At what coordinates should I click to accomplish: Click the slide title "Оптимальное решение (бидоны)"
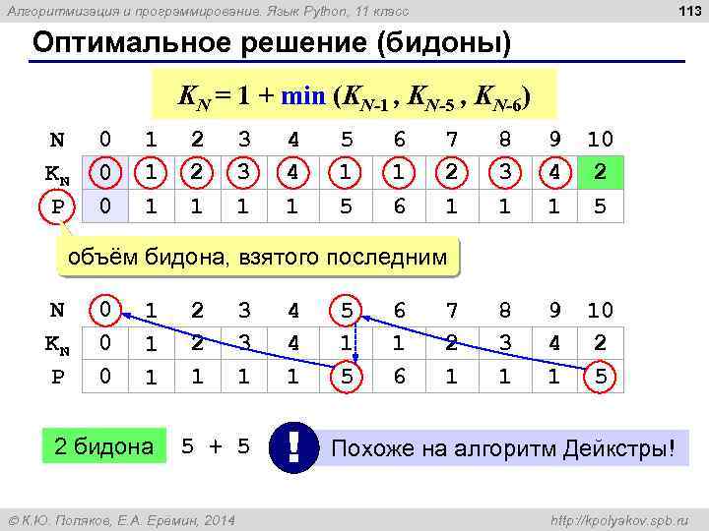[x=272, y=45]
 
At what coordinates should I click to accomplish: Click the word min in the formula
[x=306, y=96]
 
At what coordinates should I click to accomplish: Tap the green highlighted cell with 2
[x=600, y=173]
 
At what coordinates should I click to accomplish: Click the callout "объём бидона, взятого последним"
[x=258, y=258]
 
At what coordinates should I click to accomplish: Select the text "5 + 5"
[x=216, y=448]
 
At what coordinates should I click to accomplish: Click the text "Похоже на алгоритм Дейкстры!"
[x=504, y=449]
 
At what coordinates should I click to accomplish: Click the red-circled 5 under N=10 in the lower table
[x=600, y=378]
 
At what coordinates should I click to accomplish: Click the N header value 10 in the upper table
[x=600, y=139]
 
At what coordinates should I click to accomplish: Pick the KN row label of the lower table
[x=57, y=343]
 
